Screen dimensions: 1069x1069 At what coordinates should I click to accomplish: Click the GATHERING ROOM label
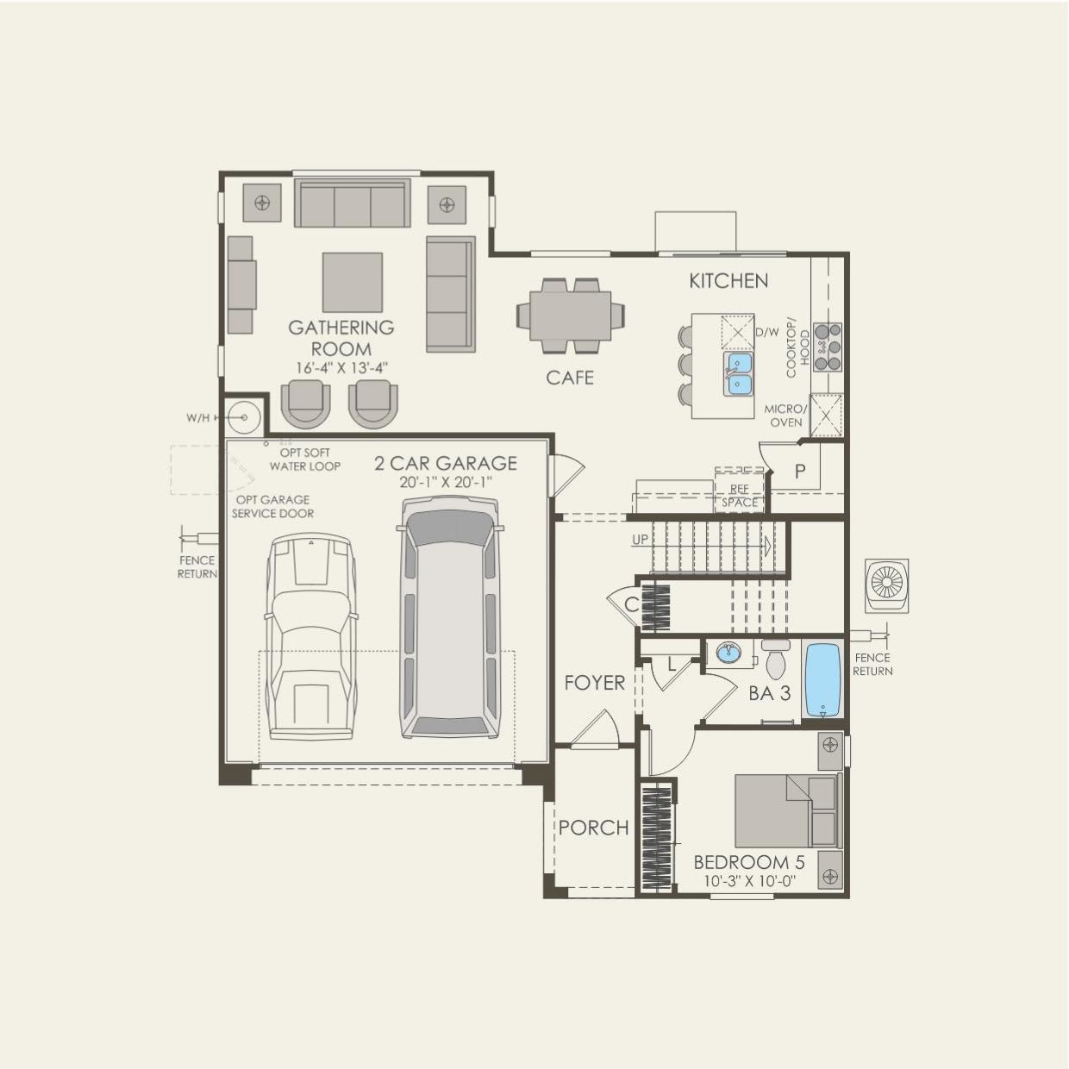point(341,338)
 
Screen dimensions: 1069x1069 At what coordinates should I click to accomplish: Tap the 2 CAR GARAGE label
point(446,464)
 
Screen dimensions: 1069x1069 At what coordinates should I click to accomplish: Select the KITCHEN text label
point(728,280)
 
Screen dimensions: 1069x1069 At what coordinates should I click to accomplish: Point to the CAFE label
point(570,378)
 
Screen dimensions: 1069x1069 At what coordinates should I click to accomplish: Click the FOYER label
point(594,683)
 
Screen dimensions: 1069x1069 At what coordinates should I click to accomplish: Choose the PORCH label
point(593,828)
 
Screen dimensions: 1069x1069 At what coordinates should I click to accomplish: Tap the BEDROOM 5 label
point(748,862)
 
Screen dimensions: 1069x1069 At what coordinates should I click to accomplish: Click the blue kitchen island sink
point(737,373)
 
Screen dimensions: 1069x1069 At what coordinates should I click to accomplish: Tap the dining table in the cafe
point(570,316)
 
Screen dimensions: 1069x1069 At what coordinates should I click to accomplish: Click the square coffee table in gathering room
point(353,282)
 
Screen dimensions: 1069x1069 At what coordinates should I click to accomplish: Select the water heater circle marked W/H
point(244,418)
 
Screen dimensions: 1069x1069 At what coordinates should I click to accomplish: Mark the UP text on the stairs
point(640,540)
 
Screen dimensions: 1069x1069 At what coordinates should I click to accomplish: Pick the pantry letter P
point(800,472)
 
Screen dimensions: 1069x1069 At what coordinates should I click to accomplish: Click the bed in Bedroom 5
point(785,810)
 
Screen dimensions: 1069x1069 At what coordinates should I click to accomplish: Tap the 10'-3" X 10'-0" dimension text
point(748,881)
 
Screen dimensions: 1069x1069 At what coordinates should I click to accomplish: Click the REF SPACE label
point(740,496)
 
